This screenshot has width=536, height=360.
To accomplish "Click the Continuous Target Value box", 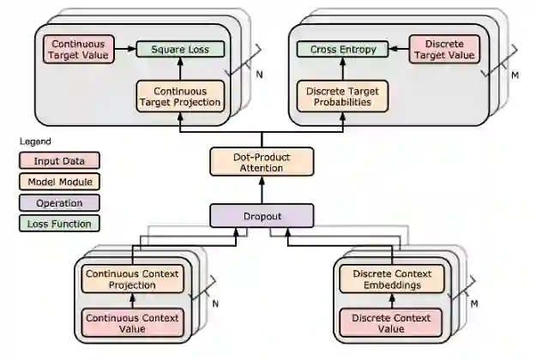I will pyautogui.click(x=78, y=49).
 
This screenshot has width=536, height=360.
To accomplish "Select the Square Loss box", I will pyautogui.click(x=181, y=50).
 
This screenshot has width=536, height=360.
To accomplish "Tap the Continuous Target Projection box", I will pyautogui.click(x=180, y=96).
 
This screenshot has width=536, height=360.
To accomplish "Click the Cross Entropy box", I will pyautogui.click(x=338, y=50).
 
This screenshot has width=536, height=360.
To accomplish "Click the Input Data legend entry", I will pyautogui.click(x=59, y=160).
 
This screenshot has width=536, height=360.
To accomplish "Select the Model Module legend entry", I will pyautogui.click(x=59, y=182).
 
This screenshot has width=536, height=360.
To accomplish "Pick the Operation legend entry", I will pyautogui.click(x=59, y=203).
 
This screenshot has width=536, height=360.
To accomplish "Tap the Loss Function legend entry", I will pyautogui.click(x=59, y=225).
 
